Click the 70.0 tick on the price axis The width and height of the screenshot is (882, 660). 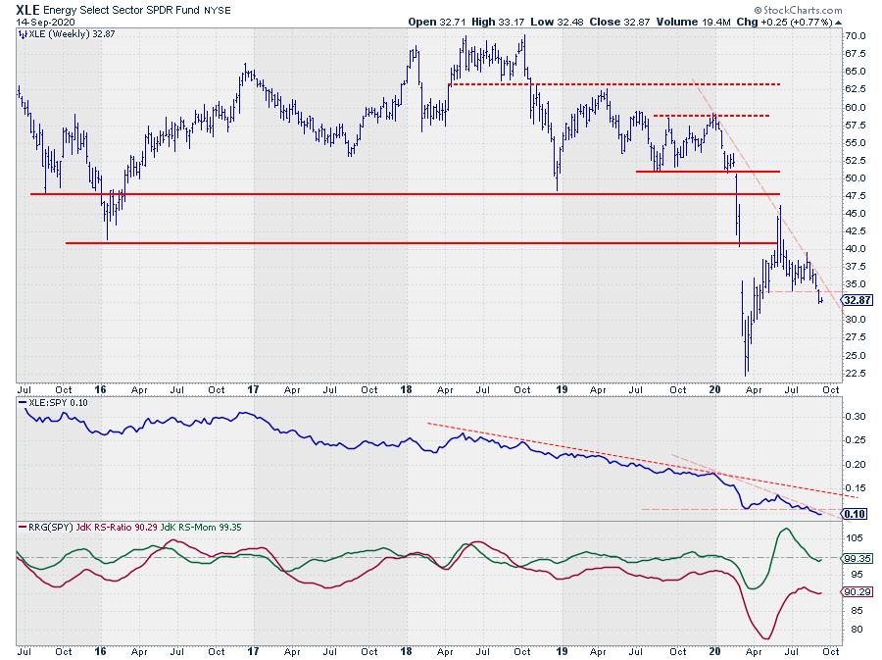(x=856, y=36)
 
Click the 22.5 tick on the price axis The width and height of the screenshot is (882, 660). (x=856, y=373)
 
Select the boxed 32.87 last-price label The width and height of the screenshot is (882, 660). (x=857, y=301)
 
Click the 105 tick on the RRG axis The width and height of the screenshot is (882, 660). (x=854, y=537)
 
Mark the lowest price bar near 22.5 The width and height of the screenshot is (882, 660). (x=747, y=373)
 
